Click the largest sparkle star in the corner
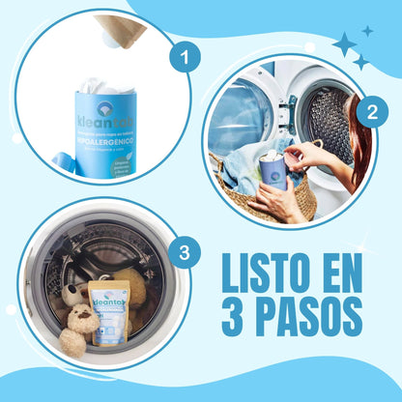[344, 43]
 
